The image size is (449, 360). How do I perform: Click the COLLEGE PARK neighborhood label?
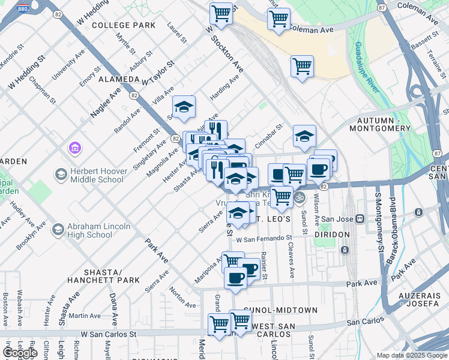coord(124,25)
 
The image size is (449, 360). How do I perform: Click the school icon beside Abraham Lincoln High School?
coord(58,229)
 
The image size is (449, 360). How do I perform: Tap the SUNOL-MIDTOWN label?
coord(285,310)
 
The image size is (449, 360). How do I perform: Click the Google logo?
coord(19,353)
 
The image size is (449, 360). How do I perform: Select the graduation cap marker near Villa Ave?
coord(184,107)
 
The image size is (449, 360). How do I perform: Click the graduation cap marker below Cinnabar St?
coord(304,136)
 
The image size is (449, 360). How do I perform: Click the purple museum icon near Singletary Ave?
coord(75,147)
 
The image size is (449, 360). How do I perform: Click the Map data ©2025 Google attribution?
coord(411,355)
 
